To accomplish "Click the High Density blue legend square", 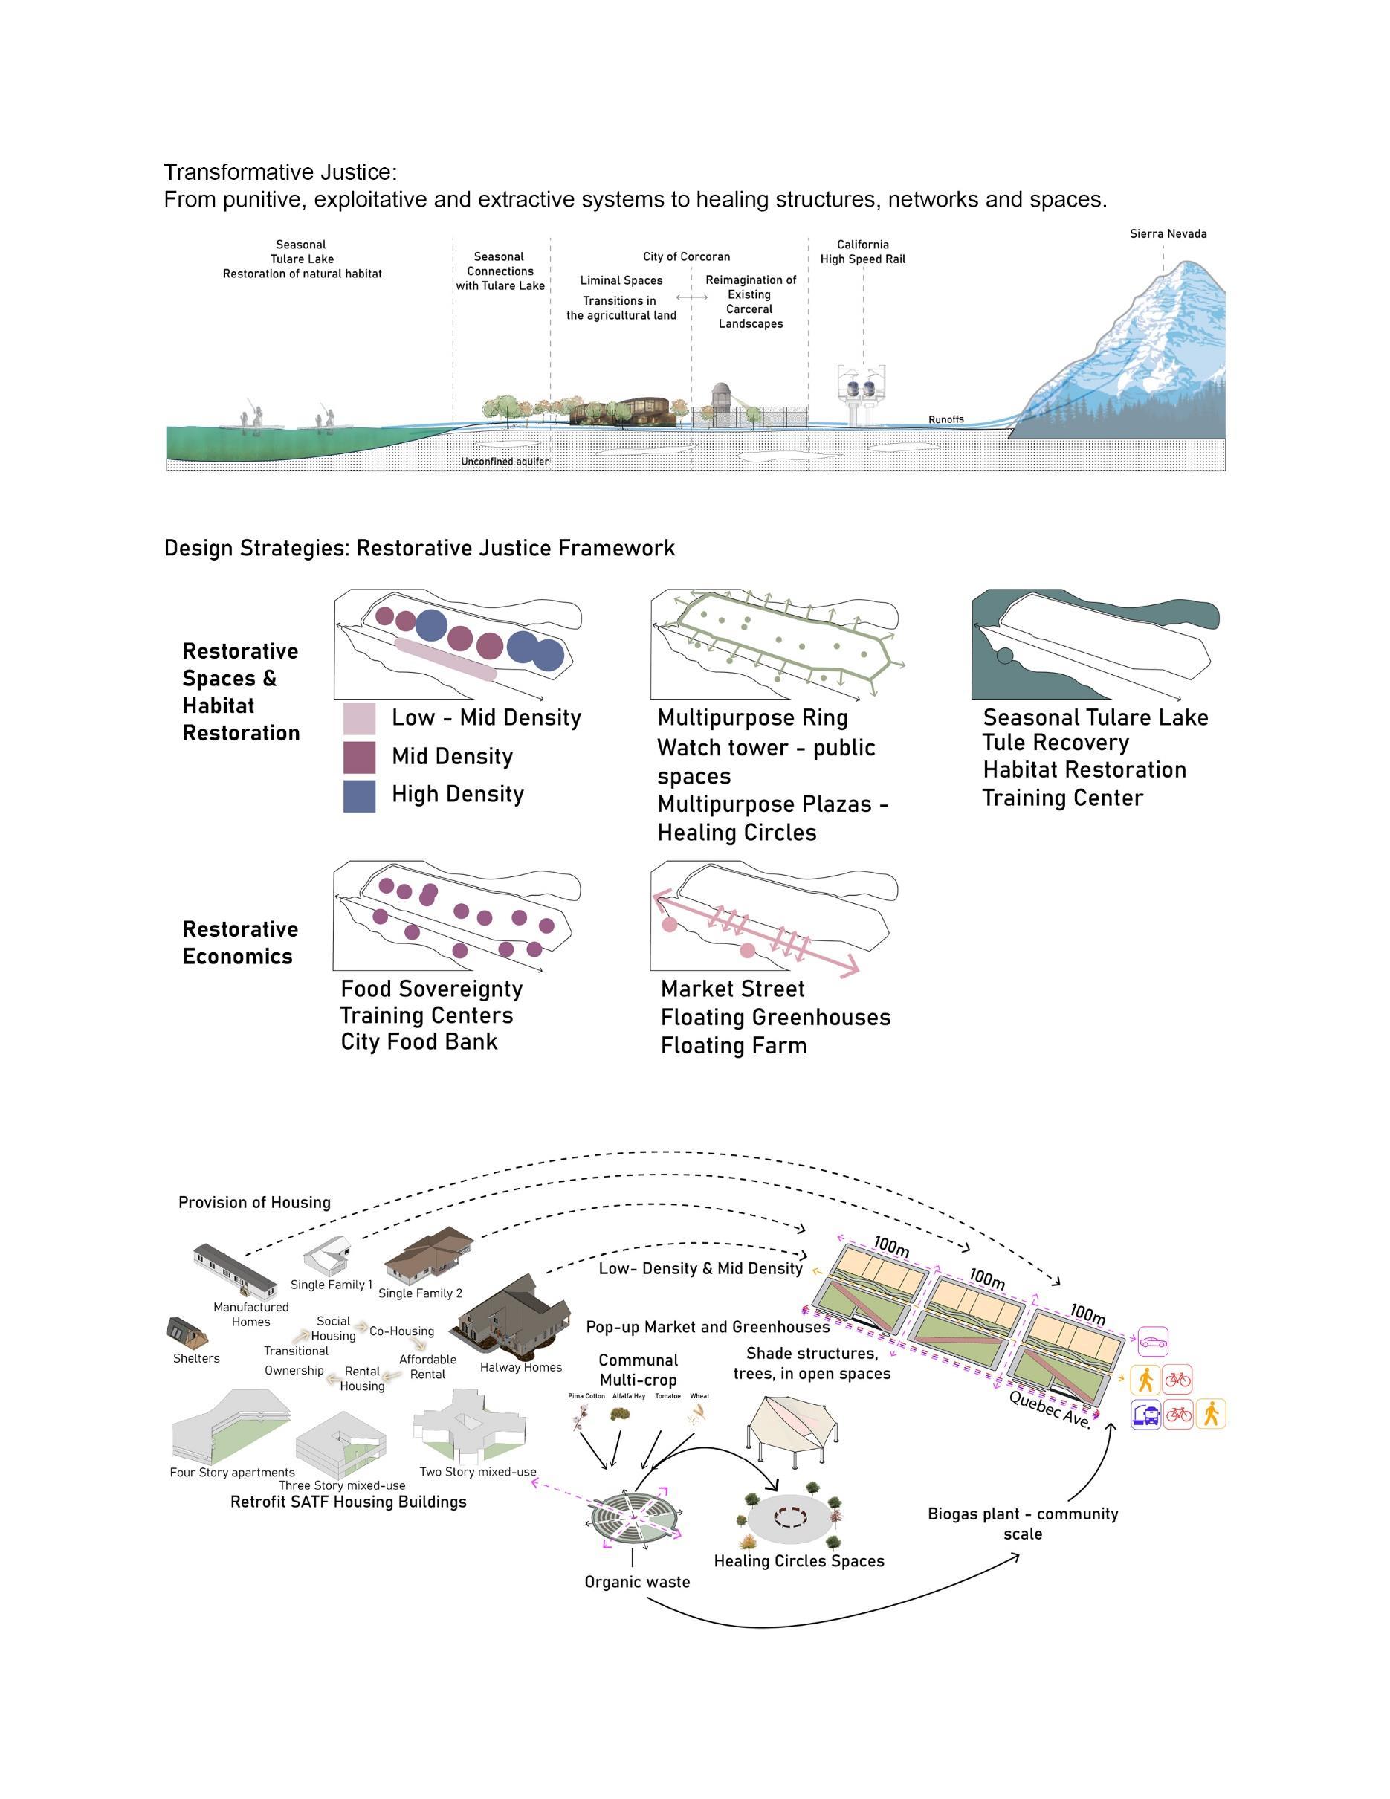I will pos(359,795).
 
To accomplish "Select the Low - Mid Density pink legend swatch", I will pos(359,718).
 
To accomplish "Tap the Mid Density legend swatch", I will pos(359,757).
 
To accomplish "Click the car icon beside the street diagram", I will pos(1153,1342).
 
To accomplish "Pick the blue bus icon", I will pos(1145,1415).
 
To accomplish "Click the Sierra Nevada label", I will pos(1168,234).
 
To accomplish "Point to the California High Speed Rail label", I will pos(862,252).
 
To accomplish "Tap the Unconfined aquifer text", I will pos(504,462).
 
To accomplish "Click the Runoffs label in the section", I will pos(945,420).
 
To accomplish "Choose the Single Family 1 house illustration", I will pos(329,1256).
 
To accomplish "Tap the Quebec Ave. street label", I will pos(1050,1409).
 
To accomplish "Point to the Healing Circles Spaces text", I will pos(799,1561).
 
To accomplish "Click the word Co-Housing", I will pos(401,1331).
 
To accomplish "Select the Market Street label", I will pos(732,989).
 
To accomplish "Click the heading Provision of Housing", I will pos(254,1203).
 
